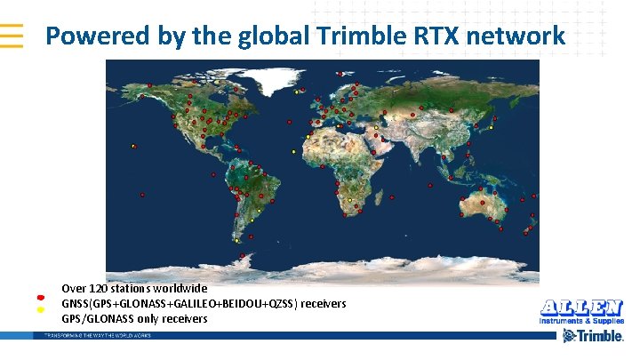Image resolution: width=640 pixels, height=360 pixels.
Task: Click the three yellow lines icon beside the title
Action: (x=12, y=35)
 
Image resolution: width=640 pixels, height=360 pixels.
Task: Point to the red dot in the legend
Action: (x=41, y=296)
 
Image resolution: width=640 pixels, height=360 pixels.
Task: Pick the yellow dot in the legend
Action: (x=41, y=310)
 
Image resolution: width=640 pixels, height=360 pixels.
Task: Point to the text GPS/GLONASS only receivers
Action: (x=134, y=318)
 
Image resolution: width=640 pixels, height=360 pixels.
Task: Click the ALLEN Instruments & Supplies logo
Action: (x=581, y=311)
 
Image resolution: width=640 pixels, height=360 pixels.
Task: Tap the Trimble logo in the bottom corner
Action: (x=591, y=336)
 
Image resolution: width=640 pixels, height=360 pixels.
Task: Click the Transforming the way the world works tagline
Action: (x=92, y=335)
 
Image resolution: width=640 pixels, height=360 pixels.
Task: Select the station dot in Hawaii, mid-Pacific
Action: (x=133, y=146)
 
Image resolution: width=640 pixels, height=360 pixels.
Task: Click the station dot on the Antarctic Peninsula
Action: (x=243, y=256)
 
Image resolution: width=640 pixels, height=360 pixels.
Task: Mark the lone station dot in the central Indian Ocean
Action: (x=429, y=186)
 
